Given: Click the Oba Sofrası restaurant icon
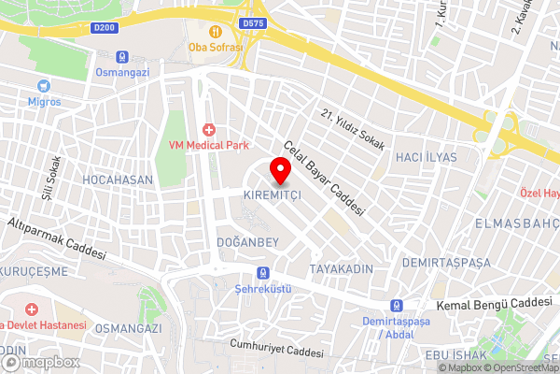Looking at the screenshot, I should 215,29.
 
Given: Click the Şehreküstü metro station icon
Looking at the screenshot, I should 262,273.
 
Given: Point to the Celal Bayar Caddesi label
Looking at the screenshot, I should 323,177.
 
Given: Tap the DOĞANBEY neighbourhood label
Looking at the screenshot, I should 247,241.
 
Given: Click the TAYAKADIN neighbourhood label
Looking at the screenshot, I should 342,268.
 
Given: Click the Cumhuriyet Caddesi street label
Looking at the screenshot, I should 276,349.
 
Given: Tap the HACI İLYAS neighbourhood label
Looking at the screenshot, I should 426,157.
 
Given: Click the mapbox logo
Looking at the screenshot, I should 40,362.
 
